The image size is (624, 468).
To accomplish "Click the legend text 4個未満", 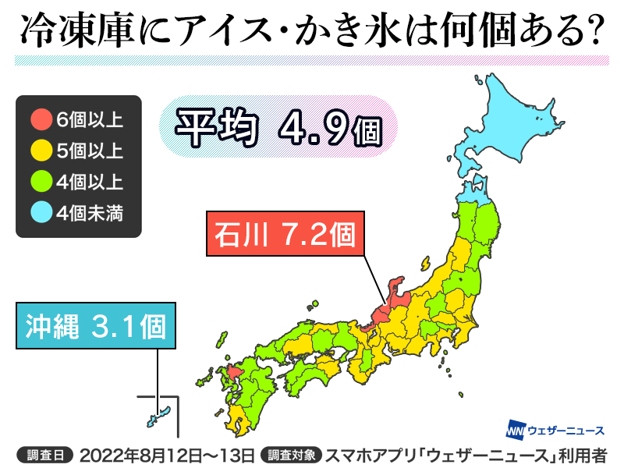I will click(90, 211).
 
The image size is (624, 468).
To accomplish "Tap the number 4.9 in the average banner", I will click(300, 126).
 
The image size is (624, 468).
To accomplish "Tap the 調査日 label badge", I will click(44, 452).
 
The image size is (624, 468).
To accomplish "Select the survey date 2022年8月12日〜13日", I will click(166, 452).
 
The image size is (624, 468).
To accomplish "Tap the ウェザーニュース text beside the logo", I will click(566, 431).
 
